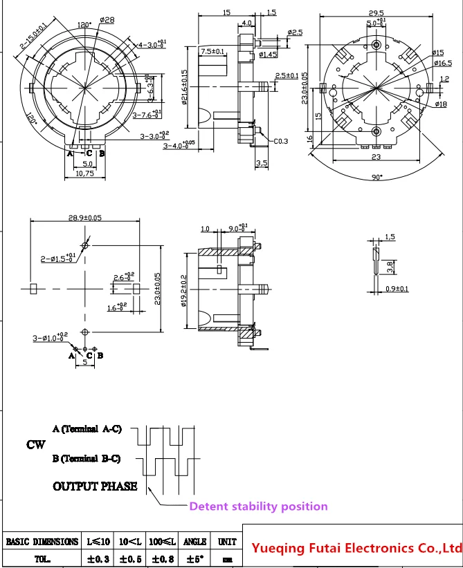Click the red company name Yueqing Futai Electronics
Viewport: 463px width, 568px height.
tap(356, 549)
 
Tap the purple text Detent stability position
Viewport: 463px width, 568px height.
tap(259, 507)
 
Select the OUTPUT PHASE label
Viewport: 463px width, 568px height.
tap(95, 486)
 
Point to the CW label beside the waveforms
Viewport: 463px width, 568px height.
tap(36, 444)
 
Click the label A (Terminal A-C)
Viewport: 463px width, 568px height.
tap(87, 429)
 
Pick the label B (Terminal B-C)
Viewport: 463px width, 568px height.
tap(87, 458)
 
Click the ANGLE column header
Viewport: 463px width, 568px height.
tap(197, 542)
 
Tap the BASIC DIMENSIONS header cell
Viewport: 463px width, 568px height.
tap(42, 542)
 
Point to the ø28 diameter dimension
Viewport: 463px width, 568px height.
tap(107, 20)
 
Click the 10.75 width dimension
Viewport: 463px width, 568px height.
tap(84, 174)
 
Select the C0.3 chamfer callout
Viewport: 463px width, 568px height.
tap(280, 141)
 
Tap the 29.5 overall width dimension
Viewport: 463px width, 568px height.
tap(376, 12)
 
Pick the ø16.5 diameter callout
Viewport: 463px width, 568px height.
tap(442, 62)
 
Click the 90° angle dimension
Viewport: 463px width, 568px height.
tap(376, 178)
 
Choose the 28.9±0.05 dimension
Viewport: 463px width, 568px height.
tap(84, 218)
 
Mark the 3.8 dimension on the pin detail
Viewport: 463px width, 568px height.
tap(390, 264)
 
